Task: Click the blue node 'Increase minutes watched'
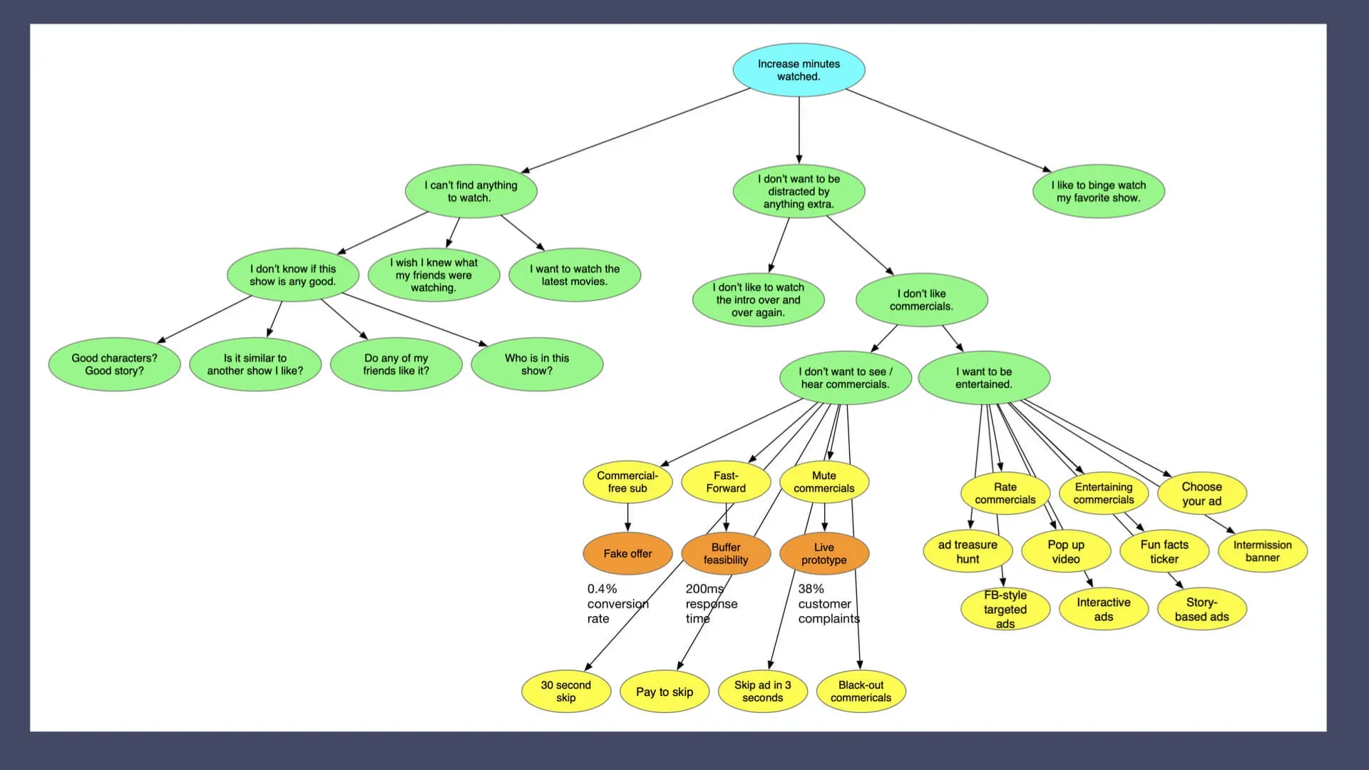click(x=799, y=70)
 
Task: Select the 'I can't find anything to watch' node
click(x=471, y=191)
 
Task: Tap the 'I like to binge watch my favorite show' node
click(x=1098, y=191)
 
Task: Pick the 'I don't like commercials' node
click(x=921, y=299)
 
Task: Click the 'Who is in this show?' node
click(x=537, y=364)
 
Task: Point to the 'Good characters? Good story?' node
click(x=114, y=364)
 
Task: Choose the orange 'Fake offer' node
click(x=627, y=553)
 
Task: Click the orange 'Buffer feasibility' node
click(x=726, y=553)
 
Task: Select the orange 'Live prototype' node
click(x=824, y=553)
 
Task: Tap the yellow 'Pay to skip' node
click(x=665, y=692)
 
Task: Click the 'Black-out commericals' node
click(x=861, y=691)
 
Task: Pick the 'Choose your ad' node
click(x=1201, y=493)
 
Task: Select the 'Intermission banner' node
click(x=1262, y=551)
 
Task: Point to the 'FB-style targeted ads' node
click(x=1005, y=609)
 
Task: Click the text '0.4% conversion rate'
click(x=617, y=604)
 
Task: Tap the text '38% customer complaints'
click(x=827, y=604)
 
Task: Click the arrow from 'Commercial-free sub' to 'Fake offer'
click(x=627, y=517)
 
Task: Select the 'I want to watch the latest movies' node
click(x=575, y=275)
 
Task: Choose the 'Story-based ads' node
click(x=1201, y=609)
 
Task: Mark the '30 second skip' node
click(x=566, y=691)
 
